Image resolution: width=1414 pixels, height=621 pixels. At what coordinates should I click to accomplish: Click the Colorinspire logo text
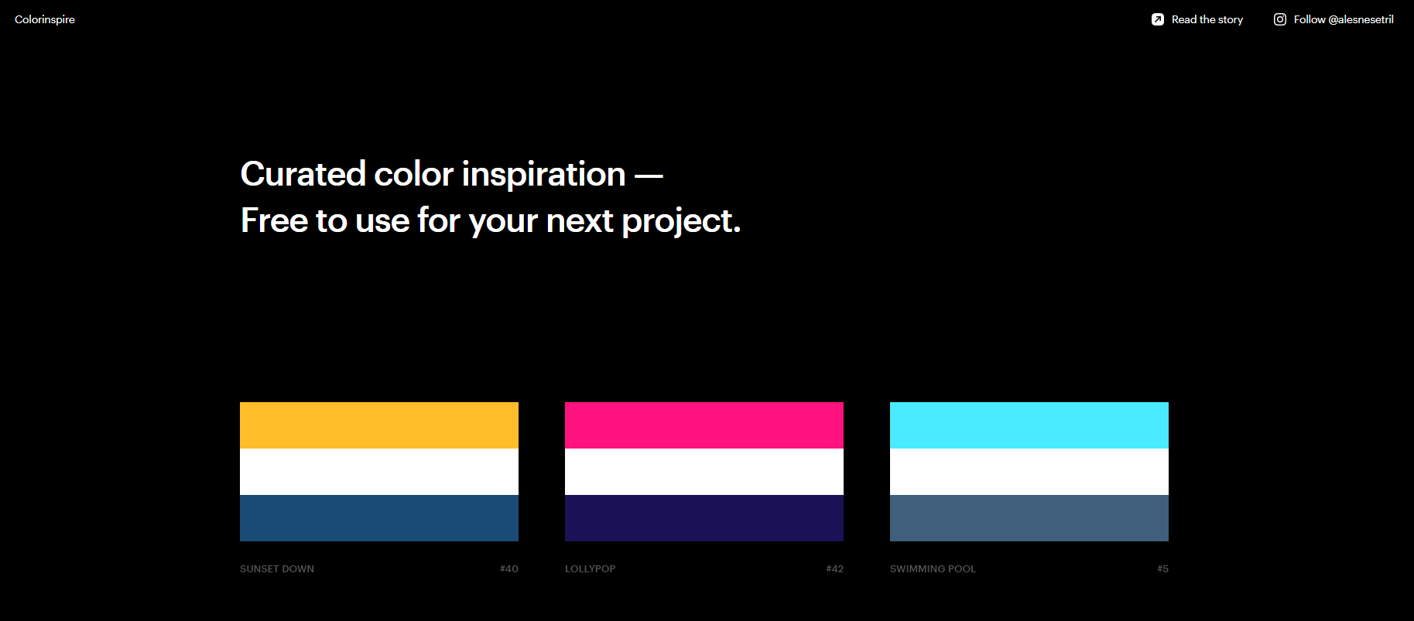tap(45, 19)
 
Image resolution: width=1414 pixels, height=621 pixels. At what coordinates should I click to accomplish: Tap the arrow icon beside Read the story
tap(1157, 19)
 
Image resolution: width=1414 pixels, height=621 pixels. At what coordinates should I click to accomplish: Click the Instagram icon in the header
tap(1280, 19)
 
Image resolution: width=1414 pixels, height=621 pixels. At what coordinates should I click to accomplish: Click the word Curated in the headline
tap(303, 174)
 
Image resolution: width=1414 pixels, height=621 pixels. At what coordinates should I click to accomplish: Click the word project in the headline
tap(678, 222)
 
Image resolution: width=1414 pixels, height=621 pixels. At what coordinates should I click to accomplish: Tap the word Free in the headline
tap(274, 220)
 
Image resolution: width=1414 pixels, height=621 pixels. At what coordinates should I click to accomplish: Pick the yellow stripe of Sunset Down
tap(379, 425)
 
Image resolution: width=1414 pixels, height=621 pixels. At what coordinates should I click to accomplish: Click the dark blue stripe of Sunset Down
tap(379, 518)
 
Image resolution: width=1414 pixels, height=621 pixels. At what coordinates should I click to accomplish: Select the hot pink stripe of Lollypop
tap(704, 425)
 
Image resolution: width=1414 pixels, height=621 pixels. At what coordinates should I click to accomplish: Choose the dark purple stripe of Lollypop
tap(704, 518)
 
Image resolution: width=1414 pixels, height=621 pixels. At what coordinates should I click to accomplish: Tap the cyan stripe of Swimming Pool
tap(1029, 425)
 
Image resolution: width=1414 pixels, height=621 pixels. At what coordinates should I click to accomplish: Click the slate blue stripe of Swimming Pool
tap(1029, 518)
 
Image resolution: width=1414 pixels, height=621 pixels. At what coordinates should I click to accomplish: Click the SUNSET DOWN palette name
tap(277, 569)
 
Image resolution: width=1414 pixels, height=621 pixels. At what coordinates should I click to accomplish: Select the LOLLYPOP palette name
tap(591, 569)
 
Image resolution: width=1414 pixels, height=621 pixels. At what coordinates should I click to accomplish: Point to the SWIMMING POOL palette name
tap(933, 569)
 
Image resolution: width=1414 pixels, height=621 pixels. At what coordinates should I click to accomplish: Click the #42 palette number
tap(834, 569)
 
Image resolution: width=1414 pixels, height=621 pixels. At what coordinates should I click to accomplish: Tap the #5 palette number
tap(1162, 569)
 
